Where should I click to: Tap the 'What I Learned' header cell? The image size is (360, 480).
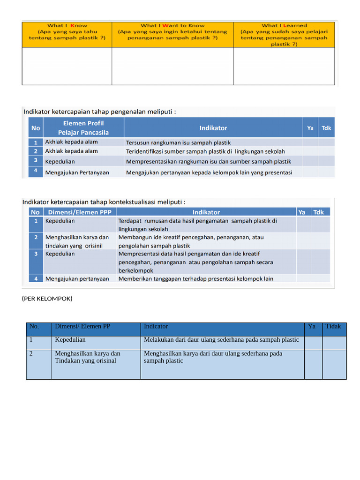point(284,34)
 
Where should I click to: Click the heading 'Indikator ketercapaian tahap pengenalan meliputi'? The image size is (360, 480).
point(99,112)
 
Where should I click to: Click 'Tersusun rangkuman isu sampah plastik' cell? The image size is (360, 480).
point(178,142)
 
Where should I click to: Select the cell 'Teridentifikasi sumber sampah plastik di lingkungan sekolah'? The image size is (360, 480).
point(205,151)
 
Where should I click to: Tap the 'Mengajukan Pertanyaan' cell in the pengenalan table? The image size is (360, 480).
point(77,172)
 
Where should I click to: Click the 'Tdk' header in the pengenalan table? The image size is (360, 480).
point(326,127)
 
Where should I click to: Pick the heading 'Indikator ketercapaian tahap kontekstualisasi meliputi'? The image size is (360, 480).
point(104,202)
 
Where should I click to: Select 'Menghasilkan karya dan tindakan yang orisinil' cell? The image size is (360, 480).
point(77,241)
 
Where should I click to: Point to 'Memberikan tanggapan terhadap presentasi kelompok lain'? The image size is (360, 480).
point(196,278)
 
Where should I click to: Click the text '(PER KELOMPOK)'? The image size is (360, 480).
point(47,298)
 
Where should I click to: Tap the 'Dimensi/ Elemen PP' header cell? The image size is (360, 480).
point(82,327)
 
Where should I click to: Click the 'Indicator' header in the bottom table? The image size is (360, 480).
point(156,327)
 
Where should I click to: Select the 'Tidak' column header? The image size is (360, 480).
point(333,327)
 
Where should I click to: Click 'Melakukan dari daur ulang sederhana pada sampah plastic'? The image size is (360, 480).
point(221,340)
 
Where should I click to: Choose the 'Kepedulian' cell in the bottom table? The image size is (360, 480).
point(70,340)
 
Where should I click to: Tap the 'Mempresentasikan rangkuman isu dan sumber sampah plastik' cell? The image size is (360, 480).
point(209,162)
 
